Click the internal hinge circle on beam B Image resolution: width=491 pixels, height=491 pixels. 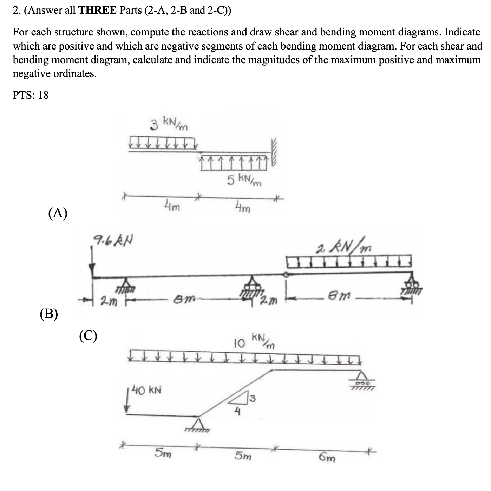(287, 275)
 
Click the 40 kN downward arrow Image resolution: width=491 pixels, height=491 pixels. (128, 402)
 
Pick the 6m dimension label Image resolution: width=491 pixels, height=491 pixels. (327, 458)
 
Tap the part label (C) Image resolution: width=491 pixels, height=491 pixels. (88, 336)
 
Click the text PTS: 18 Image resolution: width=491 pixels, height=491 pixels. (31, 95)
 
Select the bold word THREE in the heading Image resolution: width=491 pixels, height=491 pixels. (97, 11)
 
